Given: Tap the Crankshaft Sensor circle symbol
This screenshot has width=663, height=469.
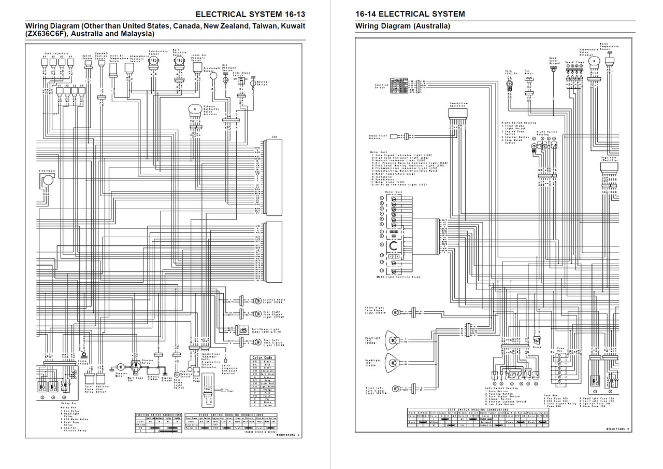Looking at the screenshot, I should (x=213, y=76).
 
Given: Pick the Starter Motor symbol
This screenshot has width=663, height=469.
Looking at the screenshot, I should (x=121, y=367).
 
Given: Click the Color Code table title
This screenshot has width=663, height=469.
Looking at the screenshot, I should (x=262, y=357).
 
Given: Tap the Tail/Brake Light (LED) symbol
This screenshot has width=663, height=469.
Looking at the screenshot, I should (x=241, y=328).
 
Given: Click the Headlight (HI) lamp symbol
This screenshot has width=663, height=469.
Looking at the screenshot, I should (x=394, y=341).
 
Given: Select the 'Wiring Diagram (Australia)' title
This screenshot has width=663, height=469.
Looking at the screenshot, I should (x=402, y=26).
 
